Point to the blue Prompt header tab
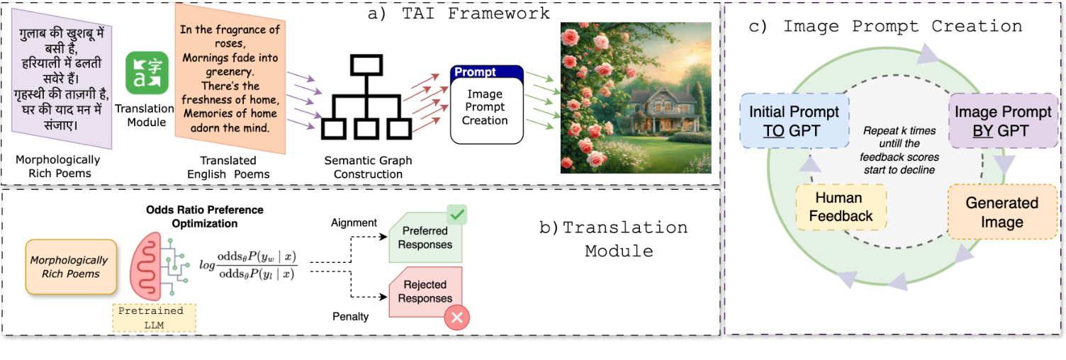[486, 72]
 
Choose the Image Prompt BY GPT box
[1002, 121]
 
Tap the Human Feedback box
[841, 207]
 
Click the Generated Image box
[1002, 212]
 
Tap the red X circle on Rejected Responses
[456, 318]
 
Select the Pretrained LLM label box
[155, 317]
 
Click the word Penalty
[350, 316]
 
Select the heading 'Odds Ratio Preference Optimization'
[204, 217]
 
